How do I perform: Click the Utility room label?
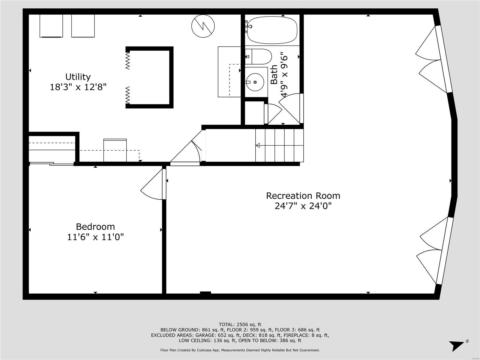(78, 77)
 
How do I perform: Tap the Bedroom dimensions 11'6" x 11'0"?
(95, 237)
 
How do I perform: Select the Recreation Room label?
(303, 196)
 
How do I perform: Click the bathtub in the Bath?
(272, 30)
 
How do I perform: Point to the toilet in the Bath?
(260, 56)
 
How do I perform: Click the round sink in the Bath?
(255, 82)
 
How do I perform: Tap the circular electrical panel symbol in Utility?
(203, 25)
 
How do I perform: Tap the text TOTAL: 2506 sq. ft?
(240, 324)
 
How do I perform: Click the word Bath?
(274, 75)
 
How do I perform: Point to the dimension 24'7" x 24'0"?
(303, 206)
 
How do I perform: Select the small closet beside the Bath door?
(254, 113)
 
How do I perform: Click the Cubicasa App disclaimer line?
(240, 350)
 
